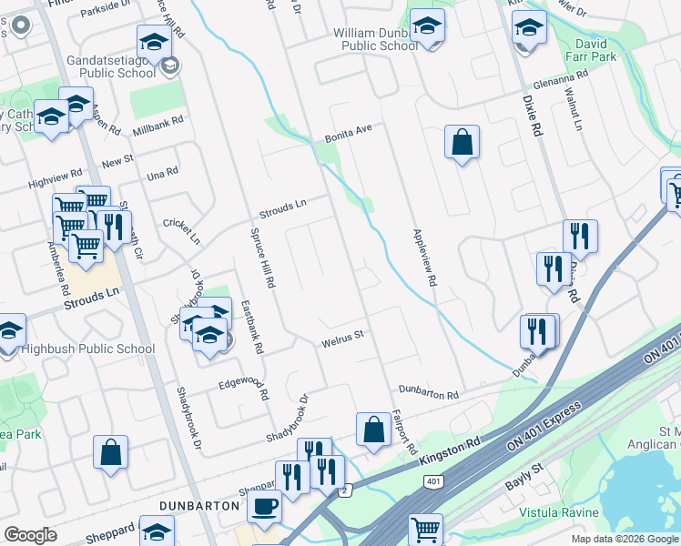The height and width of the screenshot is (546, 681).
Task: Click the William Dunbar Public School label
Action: pyautogui.click(x=375, y=39)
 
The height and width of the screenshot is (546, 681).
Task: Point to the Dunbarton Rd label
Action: pyautogui.click(x=428, y=392)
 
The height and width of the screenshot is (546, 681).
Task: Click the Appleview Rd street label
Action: pyautogui.click(x=425, y=258)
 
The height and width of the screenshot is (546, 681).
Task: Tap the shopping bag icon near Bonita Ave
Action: pyautogui.click(x=462, y=142)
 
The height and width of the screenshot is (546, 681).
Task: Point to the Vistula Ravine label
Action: pyautogui.click(x=558, y=513)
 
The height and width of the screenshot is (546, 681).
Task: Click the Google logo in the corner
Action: pyautogui.click(x=30, y=535)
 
